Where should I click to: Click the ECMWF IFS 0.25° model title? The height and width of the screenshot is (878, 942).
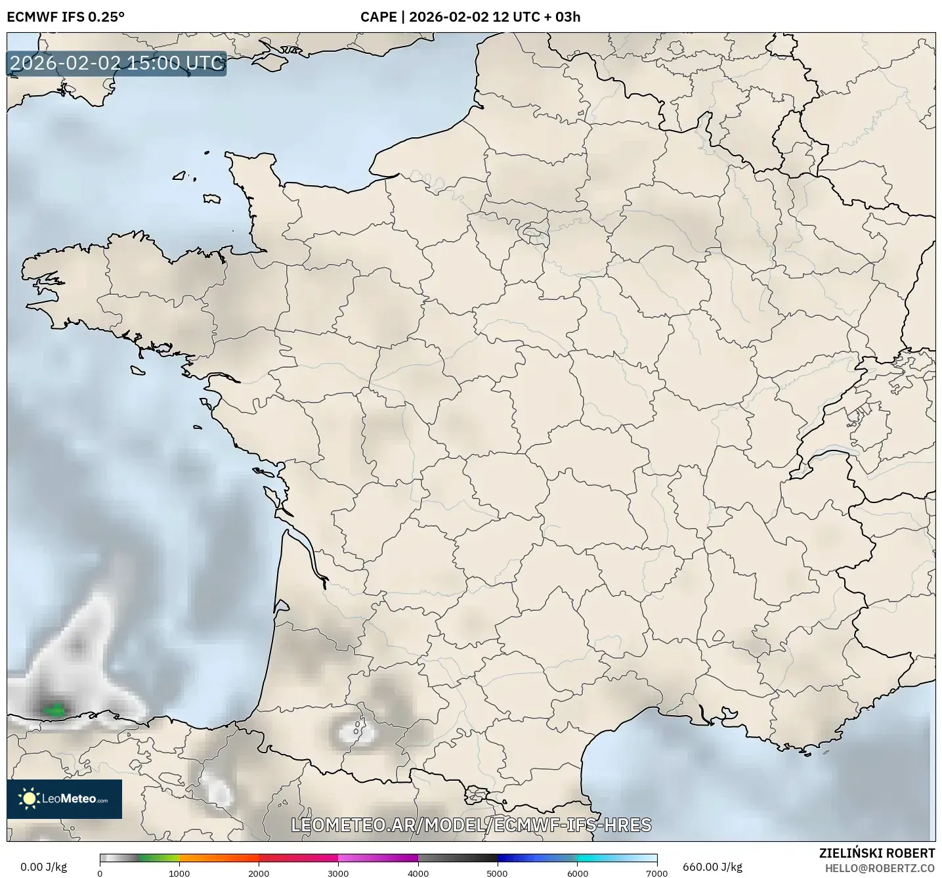click(66, 17)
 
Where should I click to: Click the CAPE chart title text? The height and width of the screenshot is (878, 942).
click(470, 17)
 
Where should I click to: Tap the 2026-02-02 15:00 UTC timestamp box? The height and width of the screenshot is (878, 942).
click(117, 64)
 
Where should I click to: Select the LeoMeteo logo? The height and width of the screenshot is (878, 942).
click(64, 799)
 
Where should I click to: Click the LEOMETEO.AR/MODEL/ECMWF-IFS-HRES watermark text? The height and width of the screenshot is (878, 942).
click(471, 825)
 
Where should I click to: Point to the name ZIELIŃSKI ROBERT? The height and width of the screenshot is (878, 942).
click(877, 853)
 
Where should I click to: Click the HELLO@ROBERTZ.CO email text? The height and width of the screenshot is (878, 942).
click(880, 868)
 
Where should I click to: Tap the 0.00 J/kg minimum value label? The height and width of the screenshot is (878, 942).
click(43, 867)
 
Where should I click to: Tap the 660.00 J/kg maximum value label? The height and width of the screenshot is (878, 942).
click(712, 867)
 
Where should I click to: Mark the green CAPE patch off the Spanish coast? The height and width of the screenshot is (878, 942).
click(53, 709)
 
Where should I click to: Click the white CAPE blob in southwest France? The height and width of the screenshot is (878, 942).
click(354, 730)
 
